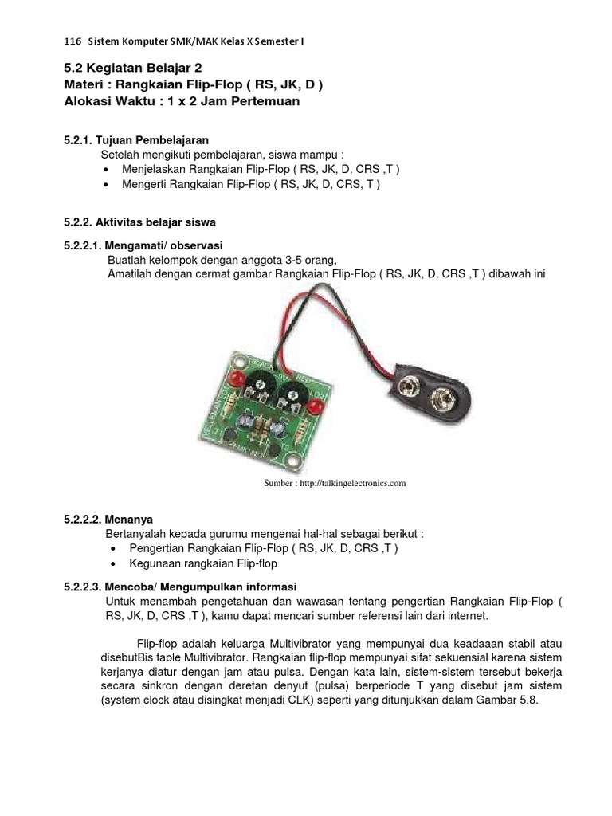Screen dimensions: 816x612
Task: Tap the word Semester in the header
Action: pos(275,41)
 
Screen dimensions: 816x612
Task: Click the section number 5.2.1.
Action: pos(78,139)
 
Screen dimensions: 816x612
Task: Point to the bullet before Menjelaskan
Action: pos(108,170)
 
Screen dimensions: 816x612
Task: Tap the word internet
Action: pos(467,616)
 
